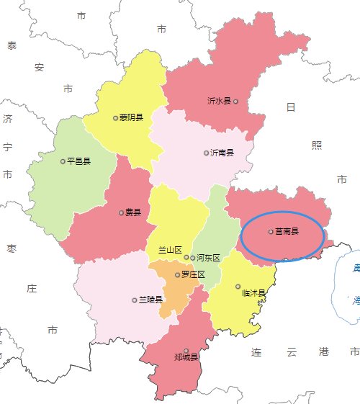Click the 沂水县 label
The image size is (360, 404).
[219, 102]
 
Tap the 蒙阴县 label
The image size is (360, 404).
[131, 117]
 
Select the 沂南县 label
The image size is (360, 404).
[222, 153]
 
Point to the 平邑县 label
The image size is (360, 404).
[78, 161]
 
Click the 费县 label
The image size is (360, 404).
[133, 212]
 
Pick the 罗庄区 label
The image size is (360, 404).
[193, 274]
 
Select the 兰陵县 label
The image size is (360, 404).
[150, 300]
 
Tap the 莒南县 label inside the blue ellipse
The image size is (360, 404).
[287, 232]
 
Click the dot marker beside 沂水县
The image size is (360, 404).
[235, 102]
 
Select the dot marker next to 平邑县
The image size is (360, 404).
[63, 161]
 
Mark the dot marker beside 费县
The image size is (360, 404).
[121, 212]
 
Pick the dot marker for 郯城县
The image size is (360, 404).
[186, 351]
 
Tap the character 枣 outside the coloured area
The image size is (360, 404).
[12, 249]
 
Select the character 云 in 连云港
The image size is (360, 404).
[291, 353]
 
